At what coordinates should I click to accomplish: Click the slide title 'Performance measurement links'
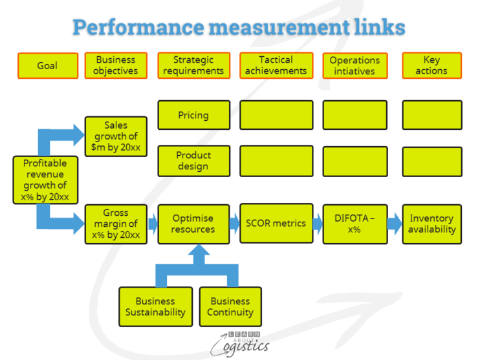pos(239,27)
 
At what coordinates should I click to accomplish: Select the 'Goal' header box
pos(47,65)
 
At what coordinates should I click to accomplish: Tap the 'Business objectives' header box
pos(116,65)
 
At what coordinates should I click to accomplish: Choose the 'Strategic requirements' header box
pos(193,65)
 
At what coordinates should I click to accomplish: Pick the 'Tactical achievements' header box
pos(276,65)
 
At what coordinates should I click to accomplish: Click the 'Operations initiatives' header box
pos(355,66)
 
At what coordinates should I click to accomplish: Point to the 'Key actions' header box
pos(431,65)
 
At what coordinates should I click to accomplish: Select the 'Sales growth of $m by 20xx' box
pos(116,136)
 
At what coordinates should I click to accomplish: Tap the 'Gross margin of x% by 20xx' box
pos(116,224)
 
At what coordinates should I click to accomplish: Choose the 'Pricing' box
pos(193,115)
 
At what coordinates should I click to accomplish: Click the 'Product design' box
pos(193,161)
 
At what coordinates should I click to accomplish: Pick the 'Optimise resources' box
pos(193,224)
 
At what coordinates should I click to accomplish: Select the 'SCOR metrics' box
pos(276,223)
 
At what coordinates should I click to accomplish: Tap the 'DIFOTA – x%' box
pos(355,224)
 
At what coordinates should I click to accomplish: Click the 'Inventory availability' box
pos(431,224)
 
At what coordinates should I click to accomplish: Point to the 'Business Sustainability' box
pos(155,306)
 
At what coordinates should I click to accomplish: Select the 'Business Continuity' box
pos(230,306)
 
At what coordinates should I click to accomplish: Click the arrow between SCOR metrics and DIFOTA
pos(317,224)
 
